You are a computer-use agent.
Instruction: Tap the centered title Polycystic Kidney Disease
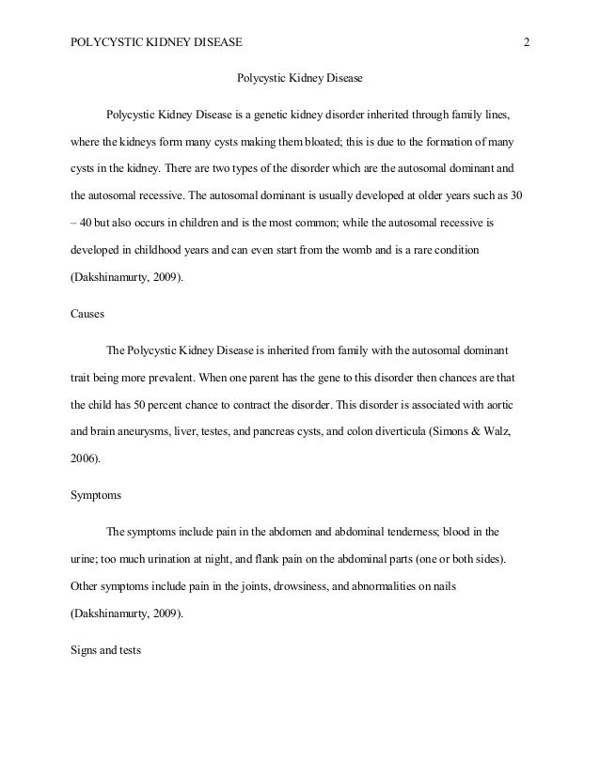[x=298, y=76]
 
